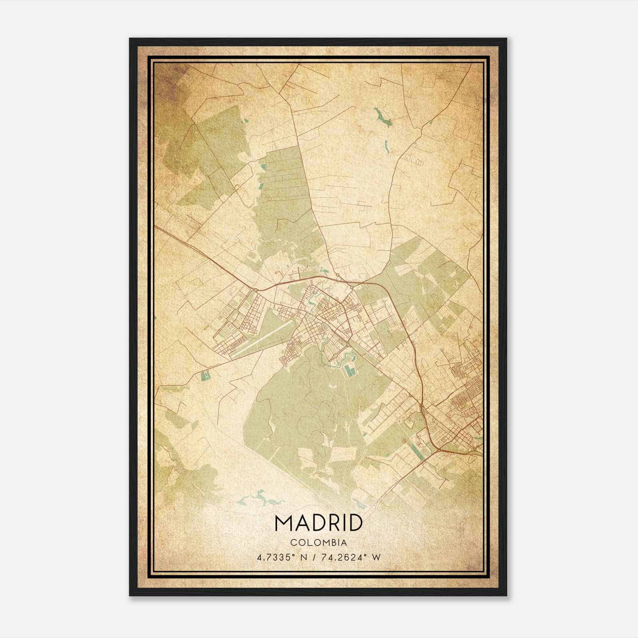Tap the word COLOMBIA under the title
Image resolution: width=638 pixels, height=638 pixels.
coord(319,542)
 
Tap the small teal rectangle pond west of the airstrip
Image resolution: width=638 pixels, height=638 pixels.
coord(206,375)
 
